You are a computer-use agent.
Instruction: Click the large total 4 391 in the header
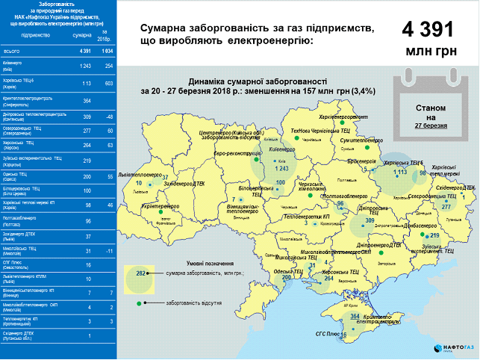tap(428, 30)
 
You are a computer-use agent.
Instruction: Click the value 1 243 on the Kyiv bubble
tap(281, 169)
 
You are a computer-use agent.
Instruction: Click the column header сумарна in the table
tap(81, 35)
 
